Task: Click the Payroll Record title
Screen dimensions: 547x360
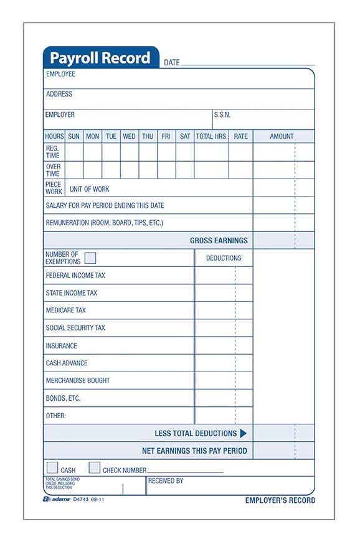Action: click(100, 58)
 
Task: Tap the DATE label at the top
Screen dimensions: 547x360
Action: click(172, 63)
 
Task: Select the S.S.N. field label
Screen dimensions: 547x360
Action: click(222, 115)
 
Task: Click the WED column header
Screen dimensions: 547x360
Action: click(129, 136)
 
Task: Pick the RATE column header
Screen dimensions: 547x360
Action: click(240, 136)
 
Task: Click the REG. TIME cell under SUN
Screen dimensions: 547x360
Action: click(74, 152)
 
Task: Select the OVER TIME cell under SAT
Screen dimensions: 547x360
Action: click(185, 170)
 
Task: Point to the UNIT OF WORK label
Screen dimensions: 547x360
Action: click(90, 189)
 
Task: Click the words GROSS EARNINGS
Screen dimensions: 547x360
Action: click(219, 241)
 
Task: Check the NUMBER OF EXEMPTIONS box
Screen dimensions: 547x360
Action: click(90, 258)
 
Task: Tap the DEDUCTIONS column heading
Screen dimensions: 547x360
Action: click(224, 258)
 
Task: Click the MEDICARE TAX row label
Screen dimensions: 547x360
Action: click(66, 311)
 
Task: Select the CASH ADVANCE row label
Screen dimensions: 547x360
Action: click(67, 363)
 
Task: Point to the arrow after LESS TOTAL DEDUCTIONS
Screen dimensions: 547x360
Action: click(244, 433)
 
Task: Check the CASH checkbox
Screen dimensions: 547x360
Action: click(53, 468)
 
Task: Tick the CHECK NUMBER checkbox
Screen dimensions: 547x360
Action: click(95, 468)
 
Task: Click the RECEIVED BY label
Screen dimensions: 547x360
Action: click(166, 481)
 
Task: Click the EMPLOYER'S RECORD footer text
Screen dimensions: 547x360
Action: click(280, 500)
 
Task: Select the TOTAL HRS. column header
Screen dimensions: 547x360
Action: click(211, 136)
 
